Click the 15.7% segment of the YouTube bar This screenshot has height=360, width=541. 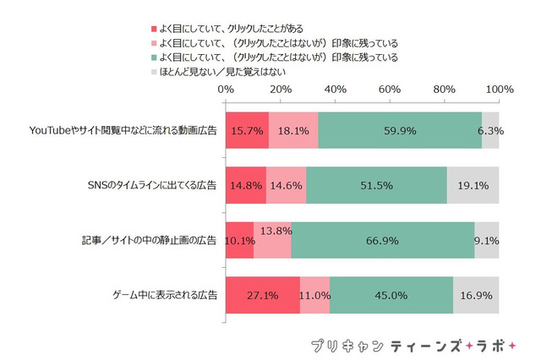[x=246, y=130]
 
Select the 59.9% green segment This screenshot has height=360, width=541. [x=400, y=130]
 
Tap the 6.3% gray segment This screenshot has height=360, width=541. [x=490, y=130]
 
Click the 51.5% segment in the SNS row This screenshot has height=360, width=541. [x=376, y=186]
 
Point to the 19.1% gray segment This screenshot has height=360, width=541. [x=473, y=186]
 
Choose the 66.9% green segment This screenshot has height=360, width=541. [x=382, y=241]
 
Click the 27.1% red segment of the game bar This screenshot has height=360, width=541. [x=262, y=296]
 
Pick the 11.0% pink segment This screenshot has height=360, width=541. [x=314, y=296]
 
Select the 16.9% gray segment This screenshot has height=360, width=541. [x=476, y=296]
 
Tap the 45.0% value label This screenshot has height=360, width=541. [x=391, y=296]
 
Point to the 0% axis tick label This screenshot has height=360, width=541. [x=226, y=89]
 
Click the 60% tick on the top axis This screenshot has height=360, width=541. [x=389, y=89]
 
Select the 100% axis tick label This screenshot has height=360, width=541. [x=499, y=89]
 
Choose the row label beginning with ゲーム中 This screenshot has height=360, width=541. [x=165, y=296]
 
